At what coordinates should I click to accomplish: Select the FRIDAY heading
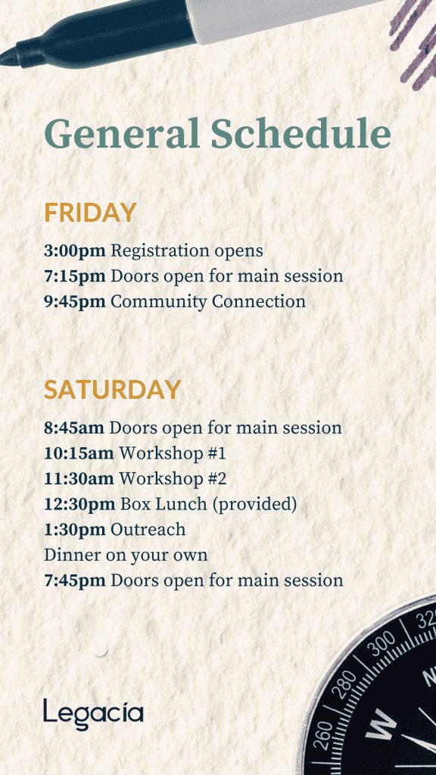point(90,213)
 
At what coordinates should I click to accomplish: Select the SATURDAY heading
point(112,390)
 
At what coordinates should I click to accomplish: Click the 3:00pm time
point(75,251)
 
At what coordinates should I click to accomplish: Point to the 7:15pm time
point(75,276)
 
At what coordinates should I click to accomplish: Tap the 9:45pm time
point(75,301)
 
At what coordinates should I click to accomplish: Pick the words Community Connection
point(208,301)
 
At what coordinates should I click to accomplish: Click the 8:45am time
point(74,428)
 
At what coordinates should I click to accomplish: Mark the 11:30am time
point(79,478)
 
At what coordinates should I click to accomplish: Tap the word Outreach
point(148,530)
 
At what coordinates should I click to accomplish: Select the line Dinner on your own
point(126,556)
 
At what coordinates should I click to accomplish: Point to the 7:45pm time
point(75,580)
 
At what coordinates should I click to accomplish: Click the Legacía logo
point(93,714)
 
